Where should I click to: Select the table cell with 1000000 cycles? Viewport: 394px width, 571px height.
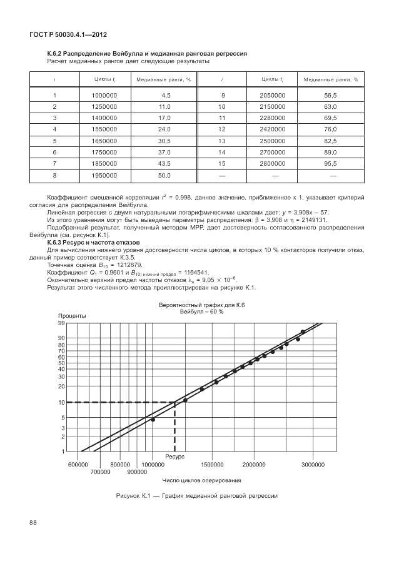click(x=104, y=95)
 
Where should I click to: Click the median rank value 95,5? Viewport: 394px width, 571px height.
click(x=330, y=163)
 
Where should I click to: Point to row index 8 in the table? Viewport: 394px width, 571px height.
click(x=55, y=175)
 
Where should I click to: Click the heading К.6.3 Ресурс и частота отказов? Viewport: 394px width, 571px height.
click(x=93, y=242)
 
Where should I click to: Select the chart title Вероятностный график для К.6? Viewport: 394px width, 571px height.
click(x=201, y=304)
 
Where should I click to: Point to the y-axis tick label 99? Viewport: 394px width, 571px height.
click(x=62, y=323)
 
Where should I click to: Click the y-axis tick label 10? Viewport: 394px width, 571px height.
click(x=62, y=402)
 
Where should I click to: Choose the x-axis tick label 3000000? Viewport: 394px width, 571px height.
click(x=313, y=465)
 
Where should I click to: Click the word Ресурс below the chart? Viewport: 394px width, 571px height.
click(x=174, y=457)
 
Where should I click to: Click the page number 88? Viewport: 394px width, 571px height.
click(x=34, y=522)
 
